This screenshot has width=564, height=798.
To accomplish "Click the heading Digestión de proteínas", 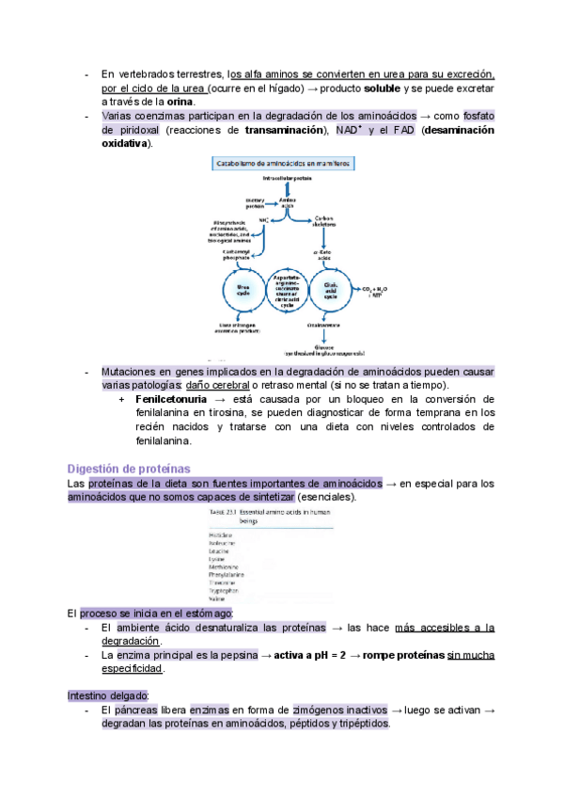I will pyautogui.click(x=130, y=468).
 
